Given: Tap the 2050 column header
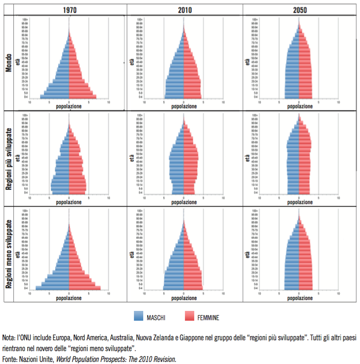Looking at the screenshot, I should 299,9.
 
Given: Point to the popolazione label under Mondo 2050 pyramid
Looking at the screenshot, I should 299,106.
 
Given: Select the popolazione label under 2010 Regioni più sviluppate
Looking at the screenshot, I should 184,202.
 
